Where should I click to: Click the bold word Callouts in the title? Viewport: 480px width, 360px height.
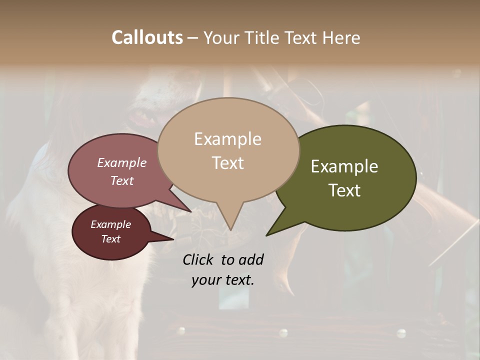point(147,37)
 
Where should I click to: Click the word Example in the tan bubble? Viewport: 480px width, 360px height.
point(227,139)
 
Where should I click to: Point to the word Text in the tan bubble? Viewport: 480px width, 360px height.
point(227,163)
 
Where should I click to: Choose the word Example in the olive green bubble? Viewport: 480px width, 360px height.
point(344,166)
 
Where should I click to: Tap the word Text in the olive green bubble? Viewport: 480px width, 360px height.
point(344,190)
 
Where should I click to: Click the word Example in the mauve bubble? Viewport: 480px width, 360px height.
point(122,162)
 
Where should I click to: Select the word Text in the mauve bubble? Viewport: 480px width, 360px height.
point(122,180)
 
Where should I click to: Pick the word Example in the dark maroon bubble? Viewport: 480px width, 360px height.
point(111,224)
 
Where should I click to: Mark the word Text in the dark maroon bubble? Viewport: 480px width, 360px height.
point(111,239)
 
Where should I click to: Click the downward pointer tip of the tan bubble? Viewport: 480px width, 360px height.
point(230,229)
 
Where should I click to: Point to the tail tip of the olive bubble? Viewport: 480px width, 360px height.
point(267,234)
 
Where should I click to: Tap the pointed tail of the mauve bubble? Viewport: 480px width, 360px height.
point(190,211)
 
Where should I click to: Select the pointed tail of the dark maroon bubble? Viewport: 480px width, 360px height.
point(172,239)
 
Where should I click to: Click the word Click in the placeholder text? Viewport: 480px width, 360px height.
point(199,259)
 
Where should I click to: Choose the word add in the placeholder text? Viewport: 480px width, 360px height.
point(250,259)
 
